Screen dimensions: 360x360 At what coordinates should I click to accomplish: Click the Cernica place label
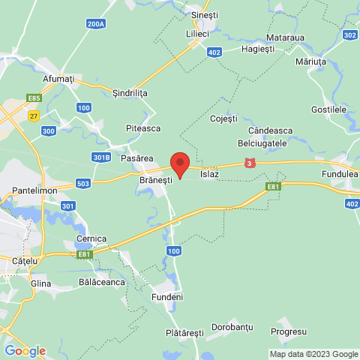click(91, 238)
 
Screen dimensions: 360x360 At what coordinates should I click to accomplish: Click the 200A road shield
click(96, 25)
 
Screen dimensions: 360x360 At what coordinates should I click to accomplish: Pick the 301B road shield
click(102, 157)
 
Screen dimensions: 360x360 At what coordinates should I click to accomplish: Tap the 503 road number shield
click(83, 184)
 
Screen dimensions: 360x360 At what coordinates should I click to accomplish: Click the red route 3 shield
click(249, 163)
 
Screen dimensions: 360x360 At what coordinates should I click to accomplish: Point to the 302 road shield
click(349, 34)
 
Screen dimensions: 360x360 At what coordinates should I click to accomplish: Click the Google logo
click(25, 350)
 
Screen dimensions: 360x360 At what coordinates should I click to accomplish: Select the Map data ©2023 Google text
click(313, 354)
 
